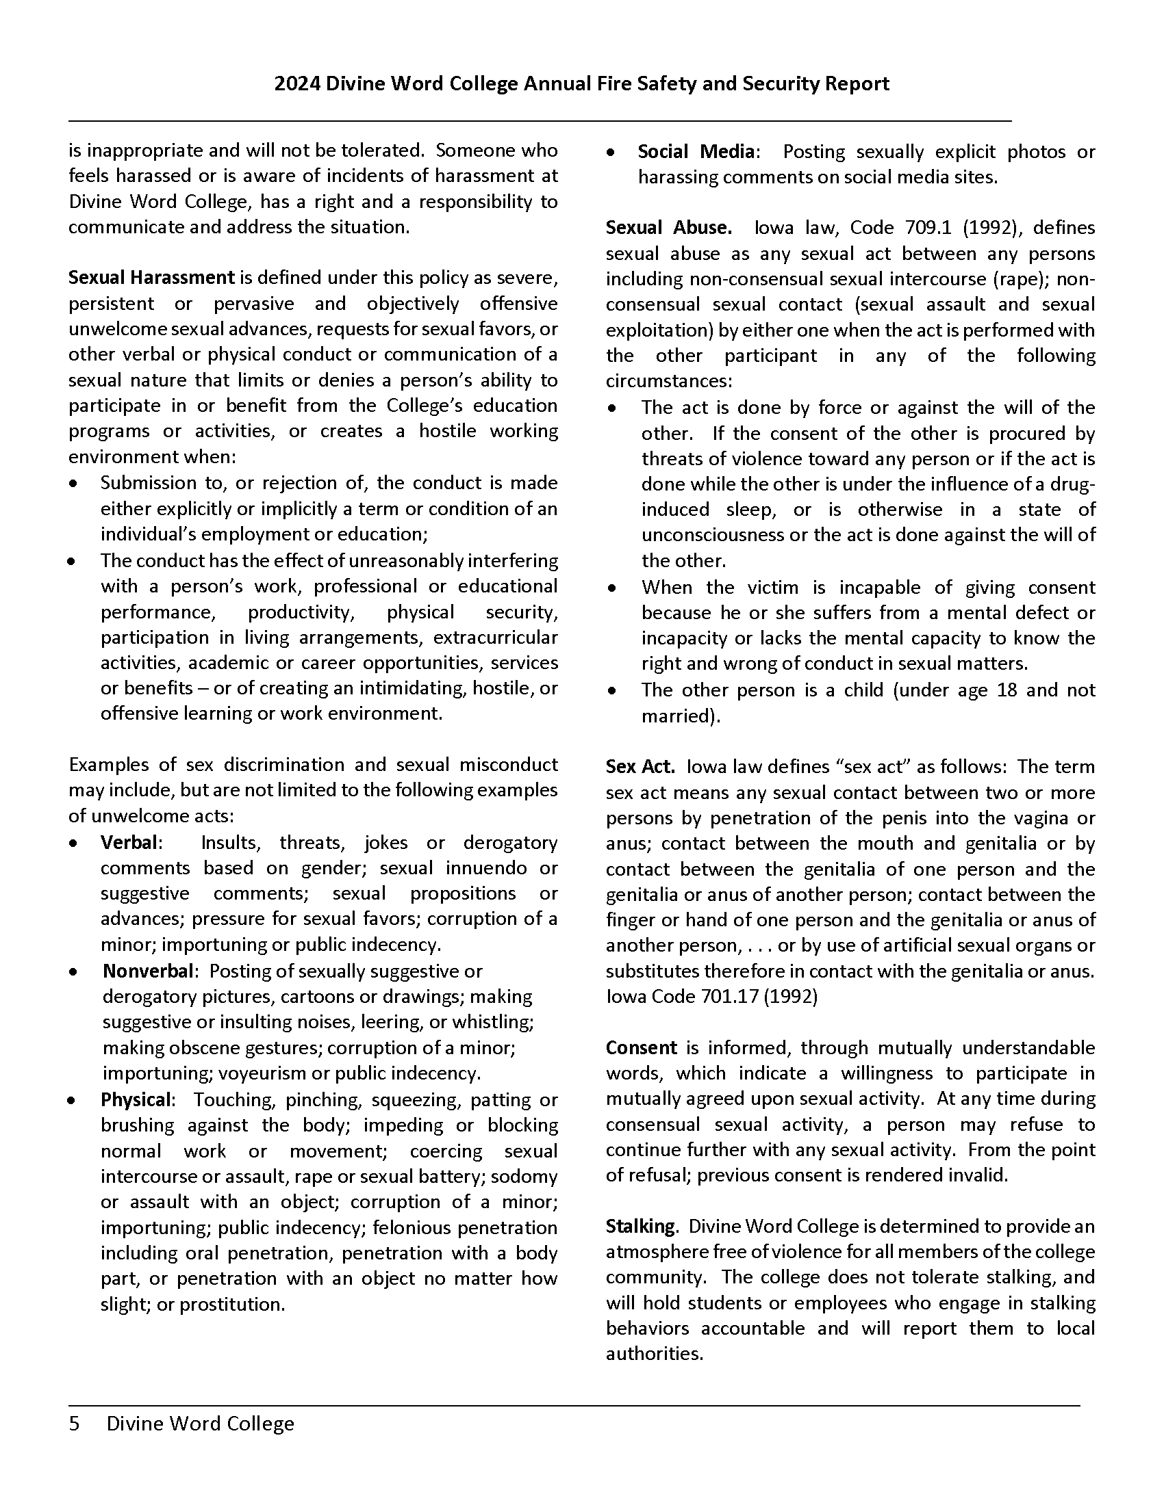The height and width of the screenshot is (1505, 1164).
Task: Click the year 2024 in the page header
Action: [x=296, y=84]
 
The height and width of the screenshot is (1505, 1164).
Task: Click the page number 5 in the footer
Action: [x=74, y=1424]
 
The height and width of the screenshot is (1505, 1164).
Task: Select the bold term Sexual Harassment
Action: [x=152, y=278]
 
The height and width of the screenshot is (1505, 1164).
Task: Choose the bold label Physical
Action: [x=136, y=1100]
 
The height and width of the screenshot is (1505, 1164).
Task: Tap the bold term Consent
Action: [x=642, y=1048]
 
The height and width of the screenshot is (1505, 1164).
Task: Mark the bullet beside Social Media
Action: [x=610, y=153]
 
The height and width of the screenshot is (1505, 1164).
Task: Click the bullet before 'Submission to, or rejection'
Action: [x=73, y=484]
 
